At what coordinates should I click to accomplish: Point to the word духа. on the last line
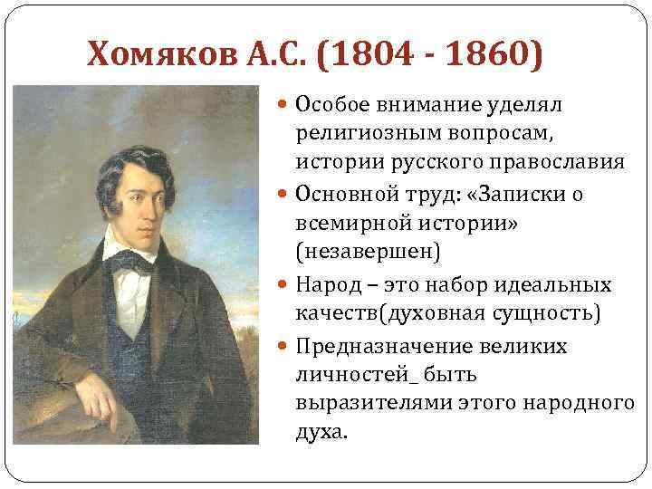pyautogui.click(x=321, y=432)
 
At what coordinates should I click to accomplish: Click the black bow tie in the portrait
pyautogui.click(x=132, y=263)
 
